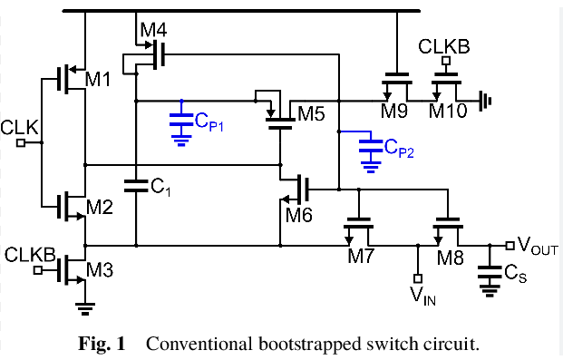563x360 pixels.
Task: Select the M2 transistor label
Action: [x=100, y=209]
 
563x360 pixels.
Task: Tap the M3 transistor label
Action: [x=99, y=269]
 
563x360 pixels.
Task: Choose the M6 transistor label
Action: [x=298, y=214]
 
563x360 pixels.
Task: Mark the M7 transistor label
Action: [x=362, y=256]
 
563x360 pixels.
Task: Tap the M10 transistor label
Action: [x=445, y=111]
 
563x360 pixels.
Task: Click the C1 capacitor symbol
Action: [x=136, y=186]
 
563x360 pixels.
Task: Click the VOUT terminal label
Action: [x=536, y=245]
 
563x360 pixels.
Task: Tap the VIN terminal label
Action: [x=422, y=295]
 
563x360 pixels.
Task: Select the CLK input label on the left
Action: [x=20, y=128]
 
